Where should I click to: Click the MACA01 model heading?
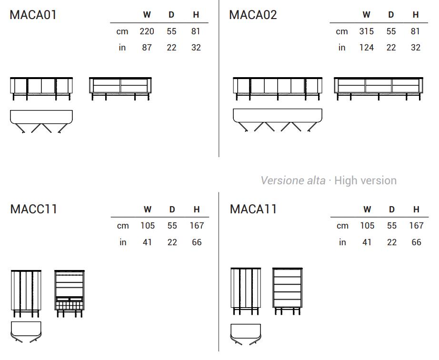[33, 15]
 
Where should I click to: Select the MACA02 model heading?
[253, 15]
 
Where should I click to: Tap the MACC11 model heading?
[34, 209]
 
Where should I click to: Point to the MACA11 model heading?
[253, 209]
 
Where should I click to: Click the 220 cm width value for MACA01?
[147, 31]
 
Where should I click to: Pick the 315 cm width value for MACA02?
[367, 31]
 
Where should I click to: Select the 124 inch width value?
[367, 48]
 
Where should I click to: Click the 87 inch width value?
[147, 48]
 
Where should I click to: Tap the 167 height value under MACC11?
[197, 226]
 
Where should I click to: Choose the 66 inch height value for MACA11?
[416, 242]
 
